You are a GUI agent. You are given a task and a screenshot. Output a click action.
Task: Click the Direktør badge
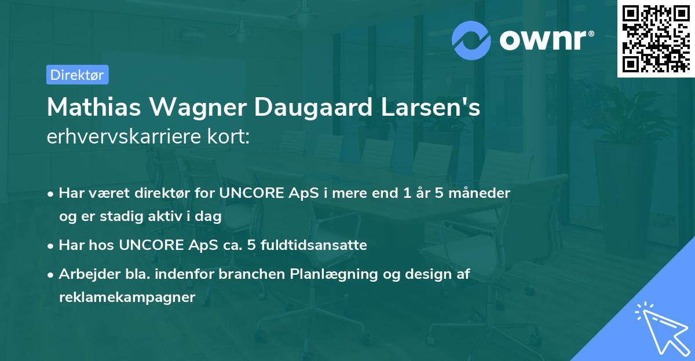[77, 75]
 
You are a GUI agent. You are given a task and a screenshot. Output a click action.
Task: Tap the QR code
[655, 38]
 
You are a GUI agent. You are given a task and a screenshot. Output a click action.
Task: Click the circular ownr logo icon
[471, 40]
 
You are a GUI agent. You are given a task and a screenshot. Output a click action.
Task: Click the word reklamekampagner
[127, 297]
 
